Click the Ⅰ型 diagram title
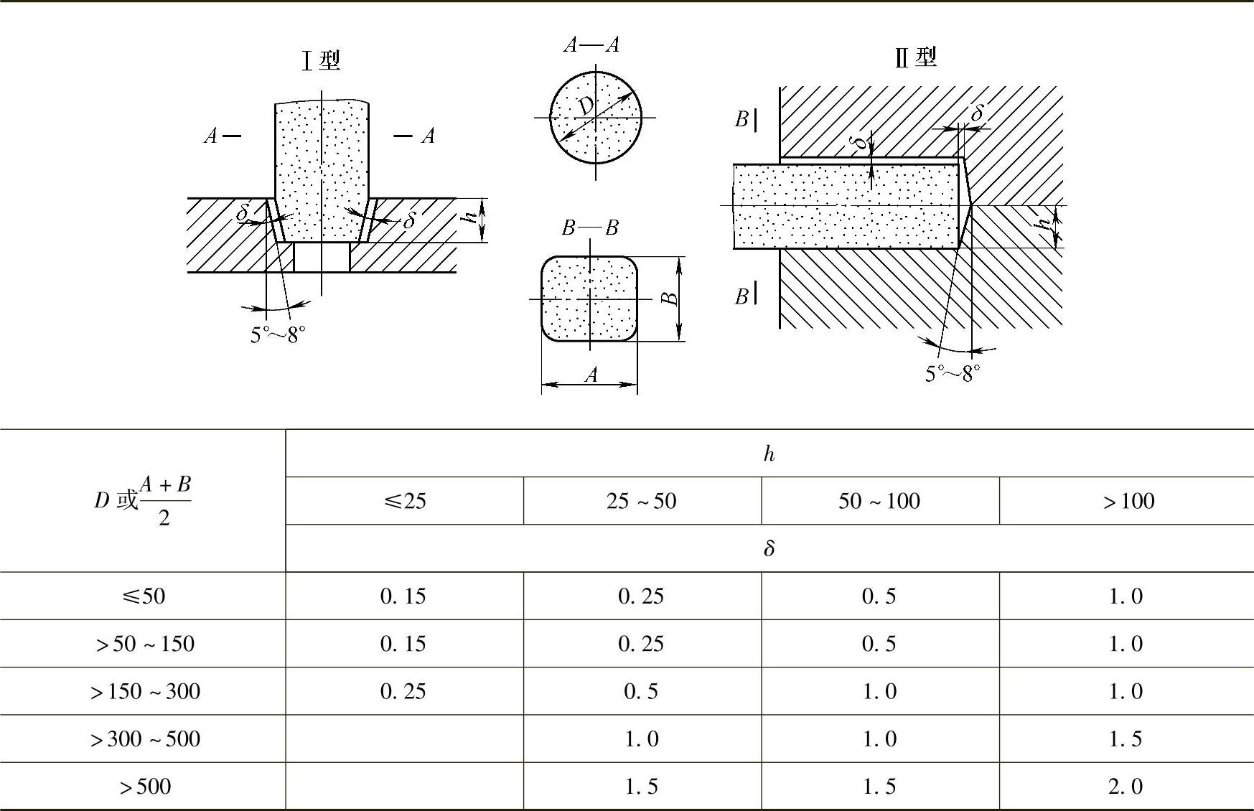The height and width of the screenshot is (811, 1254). coord(321,60)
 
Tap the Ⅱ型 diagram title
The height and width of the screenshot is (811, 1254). coord(916,57)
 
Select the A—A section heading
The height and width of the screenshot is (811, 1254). coord(591,45)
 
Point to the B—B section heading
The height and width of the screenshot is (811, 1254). coord(590,228)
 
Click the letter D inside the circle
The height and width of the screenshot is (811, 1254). coord(586,107)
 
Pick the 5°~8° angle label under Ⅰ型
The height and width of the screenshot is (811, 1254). coord(278,335)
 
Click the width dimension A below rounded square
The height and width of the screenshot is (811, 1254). coord(591,375)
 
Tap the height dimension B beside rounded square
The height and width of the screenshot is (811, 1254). coord(669,298)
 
